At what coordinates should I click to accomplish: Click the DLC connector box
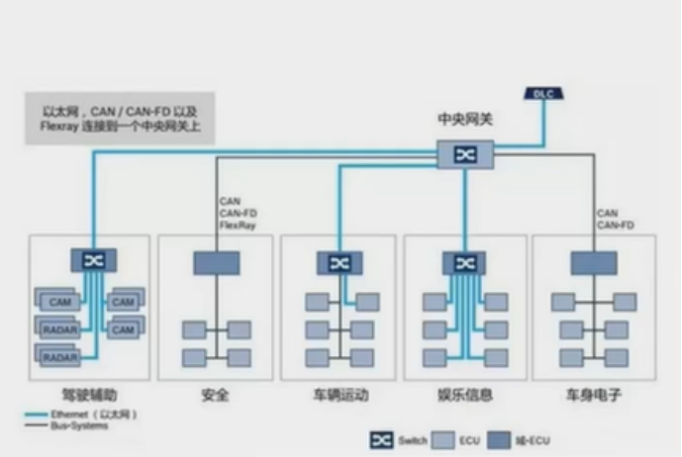click(x=544, y=94)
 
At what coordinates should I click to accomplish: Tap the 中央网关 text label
click(x=465, y=119)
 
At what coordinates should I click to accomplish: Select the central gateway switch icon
click(x=465, y=154)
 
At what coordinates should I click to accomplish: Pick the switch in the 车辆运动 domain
click(x=340, y=263)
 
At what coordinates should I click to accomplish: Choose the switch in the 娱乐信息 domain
click(x=463, y=263)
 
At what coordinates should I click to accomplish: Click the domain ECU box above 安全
click(x=216, y=263)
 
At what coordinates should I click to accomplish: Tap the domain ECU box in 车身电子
click(x=593, y=263)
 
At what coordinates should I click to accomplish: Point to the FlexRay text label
click(x=238, y=226)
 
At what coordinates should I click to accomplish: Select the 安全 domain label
click(x=215, y=395)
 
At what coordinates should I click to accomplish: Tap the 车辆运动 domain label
click(x=340, y=395)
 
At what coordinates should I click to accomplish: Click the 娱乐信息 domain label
click(x=464, y=395)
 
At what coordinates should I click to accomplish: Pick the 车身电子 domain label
click(x=592, y=395)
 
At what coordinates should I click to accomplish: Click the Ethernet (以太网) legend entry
click(x=79, y=414)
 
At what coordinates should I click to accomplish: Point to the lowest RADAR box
click(x=59, y=354)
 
